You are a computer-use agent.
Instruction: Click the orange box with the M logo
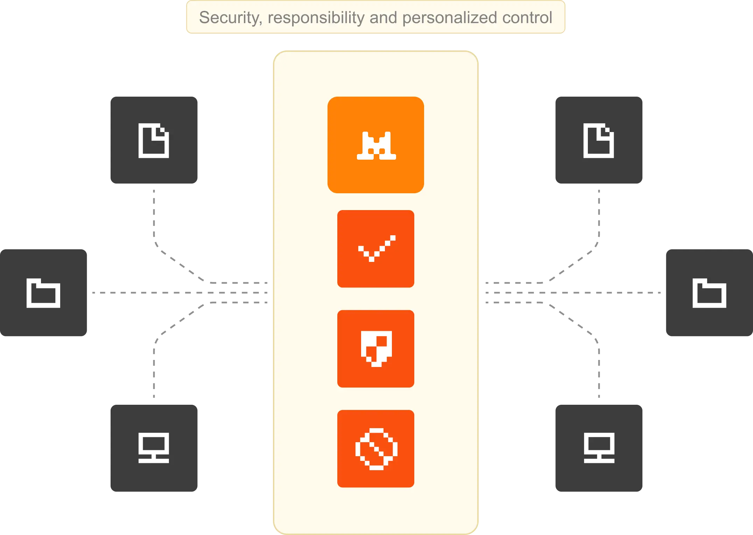click(376, 145)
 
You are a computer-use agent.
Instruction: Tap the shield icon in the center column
click(376, 349)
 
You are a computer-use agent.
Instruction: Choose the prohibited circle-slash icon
click(376, 449)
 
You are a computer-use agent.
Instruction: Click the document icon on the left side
click(154, 140)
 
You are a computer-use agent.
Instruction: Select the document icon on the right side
click(599, 140)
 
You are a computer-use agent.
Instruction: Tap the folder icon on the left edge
click(43, 293)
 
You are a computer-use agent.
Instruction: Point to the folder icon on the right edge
click(709, 293)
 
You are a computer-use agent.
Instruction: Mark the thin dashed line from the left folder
click(147, 292)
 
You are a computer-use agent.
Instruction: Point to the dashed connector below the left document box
click(154, 217)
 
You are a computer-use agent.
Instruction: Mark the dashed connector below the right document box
click(599, 217)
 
